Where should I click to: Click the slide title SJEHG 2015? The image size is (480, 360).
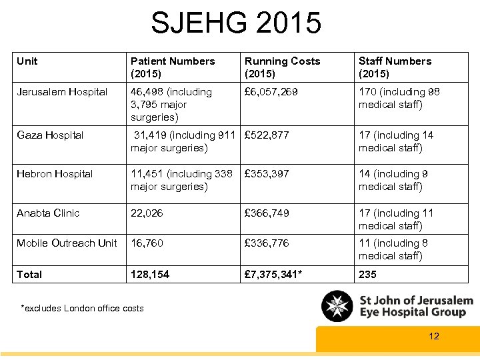click(236, 23)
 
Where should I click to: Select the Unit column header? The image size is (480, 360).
click(27, 61)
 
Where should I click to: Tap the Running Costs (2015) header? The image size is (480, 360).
click(282, 67)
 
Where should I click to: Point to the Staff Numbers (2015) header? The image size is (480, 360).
click(395, 67)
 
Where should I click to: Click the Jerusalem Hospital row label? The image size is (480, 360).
click(62, 92)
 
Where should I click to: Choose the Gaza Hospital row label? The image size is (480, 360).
click(50, 135)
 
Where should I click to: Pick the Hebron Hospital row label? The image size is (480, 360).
click(55, 174)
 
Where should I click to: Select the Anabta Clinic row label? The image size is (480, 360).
click(48, 213)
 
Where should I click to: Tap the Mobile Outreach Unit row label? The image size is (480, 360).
click(67, 243)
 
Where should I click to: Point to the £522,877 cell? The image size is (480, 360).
click(267, 135)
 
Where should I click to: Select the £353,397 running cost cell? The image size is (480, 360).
click(267, 174)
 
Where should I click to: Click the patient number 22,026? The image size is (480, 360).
click(147, 213)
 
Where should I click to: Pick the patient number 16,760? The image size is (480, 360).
click(147, 243)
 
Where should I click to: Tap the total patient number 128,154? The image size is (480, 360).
click(150, 275)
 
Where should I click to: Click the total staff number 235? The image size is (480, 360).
click(367, 275)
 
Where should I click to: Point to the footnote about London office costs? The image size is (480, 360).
click(83, 308)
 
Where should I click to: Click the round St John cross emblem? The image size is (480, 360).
click(337, 306)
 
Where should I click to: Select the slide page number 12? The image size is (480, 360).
click(434, 336)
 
